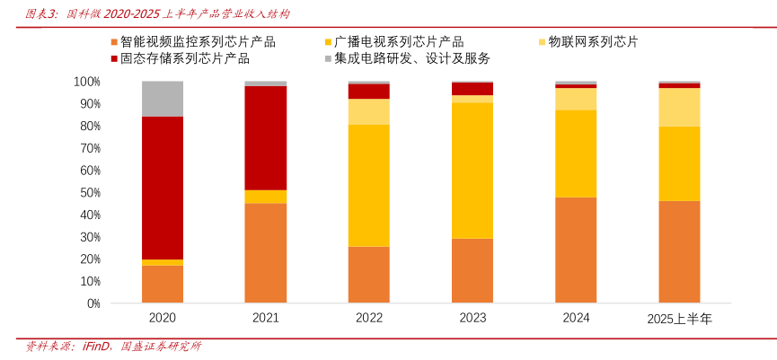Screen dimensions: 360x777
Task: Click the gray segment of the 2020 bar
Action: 163,99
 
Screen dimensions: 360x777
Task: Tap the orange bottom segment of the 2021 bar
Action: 266,253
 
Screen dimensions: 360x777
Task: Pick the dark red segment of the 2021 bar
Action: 266,138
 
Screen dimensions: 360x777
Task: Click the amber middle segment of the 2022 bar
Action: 369,186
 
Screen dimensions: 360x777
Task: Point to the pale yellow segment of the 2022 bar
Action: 369,111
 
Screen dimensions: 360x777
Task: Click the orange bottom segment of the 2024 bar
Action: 576,250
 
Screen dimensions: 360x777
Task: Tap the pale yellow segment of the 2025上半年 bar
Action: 679,107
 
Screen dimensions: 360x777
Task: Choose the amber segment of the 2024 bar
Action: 576,154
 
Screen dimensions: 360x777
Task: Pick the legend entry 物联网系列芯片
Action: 593,41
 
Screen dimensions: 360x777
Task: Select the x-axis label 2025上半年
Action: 679,319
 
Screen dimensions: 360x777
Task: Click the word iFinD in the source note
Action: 95,347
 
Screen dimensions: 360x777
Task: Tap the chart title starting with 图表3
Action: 157,14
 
